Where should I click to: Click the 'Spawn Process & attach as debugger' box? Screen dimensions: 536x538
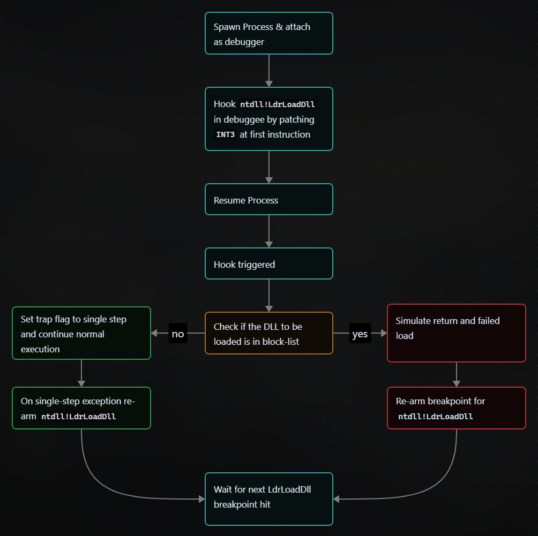[268, 33]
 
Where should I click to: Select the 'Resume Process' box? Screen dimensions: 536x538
[268, 199]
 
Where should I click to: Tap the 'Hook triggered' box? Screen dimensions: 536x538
[268, 263]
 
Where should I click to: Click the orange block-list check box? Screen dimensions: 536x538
[268, 333]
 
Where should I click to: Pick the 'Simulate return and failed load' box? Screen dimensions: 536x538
[456, 333]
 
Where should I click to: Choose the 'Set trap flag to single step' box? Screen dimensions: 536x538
[81, 333]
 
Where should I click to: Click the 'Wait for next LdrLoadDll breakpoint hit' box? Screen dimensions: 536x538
[268, 499]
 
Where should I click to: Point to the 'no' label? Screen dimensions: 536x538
[177, 334]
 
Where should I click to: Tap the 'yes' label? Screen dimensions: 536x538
[360, 334]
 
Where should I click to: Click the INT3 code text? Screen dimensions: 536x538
[225, 134]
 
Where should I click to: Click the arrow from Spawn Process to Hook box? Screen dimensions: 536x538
[268, 70]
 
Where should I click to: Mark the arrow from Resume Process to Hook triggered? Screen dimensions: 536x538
[268, 231]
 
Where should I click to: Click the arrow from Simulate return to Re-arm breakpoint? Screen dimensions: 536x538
[456, 374]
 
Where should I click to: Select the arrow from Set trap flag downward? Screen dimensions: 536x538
[81, 374]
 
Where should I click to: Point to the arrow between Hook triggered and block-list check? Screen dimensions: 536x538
[268, 295]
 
